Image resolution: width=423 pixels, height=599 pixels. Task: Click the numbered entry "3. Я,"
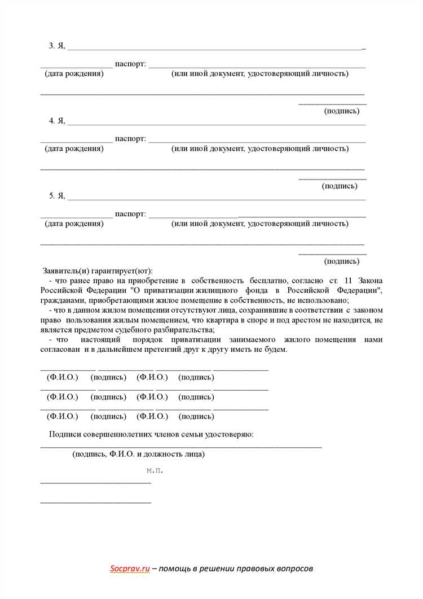tap(57, 46)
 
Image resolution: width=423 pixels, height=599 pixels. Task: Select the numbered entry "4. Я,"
tap(57, 120)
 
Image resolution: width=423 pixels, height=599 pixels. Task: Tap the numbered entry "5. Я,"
tap(57, 195)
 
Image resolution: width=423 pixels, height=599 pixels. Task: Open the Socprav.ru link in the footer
tap(130, 569)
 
